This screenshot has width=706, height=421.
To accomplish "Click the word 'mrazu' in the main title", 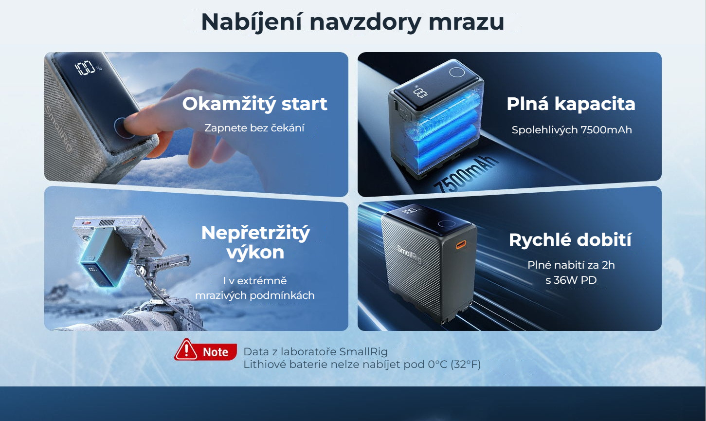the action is pos(466,22).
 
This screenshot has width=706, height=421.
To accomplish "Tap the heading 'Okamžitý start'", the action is pos(254,104).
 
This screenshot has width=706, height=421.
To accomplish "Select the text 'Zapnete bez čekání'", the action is pos(254,128).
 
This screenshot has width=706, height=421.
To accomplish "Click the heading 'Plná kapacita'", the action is pos(571,104).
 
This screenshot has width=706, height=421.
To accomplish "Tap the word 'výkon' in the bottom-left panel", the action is pos(255,253).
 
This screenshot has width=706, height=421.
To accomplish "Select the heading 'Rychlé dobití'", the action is pos(570,240).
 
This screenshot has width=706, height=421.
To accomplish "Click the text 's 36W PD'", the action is pos(571,280).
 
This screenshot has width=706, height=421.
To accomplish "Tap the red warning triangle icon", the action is pos(186,350).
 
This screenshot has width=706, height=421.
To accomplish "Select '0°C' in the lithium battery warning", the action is pos(437,365).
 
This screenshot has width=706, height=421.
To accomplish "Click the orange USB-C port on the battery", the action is pos(461,245).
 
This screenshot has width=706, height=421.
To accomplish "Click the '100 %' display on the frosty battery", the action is pos(88,68).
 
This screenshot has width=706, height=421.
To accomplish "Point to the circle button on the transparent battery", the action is pos(457,72).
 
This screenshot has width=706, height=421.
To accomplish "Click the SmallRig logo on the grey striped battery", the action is pos(409,254).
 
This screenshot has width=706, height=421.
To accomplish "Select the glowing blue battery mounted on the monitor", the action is pos(104,257).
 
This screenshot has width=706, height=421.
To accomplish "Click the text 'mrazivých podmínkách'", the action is pos(254,295).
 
